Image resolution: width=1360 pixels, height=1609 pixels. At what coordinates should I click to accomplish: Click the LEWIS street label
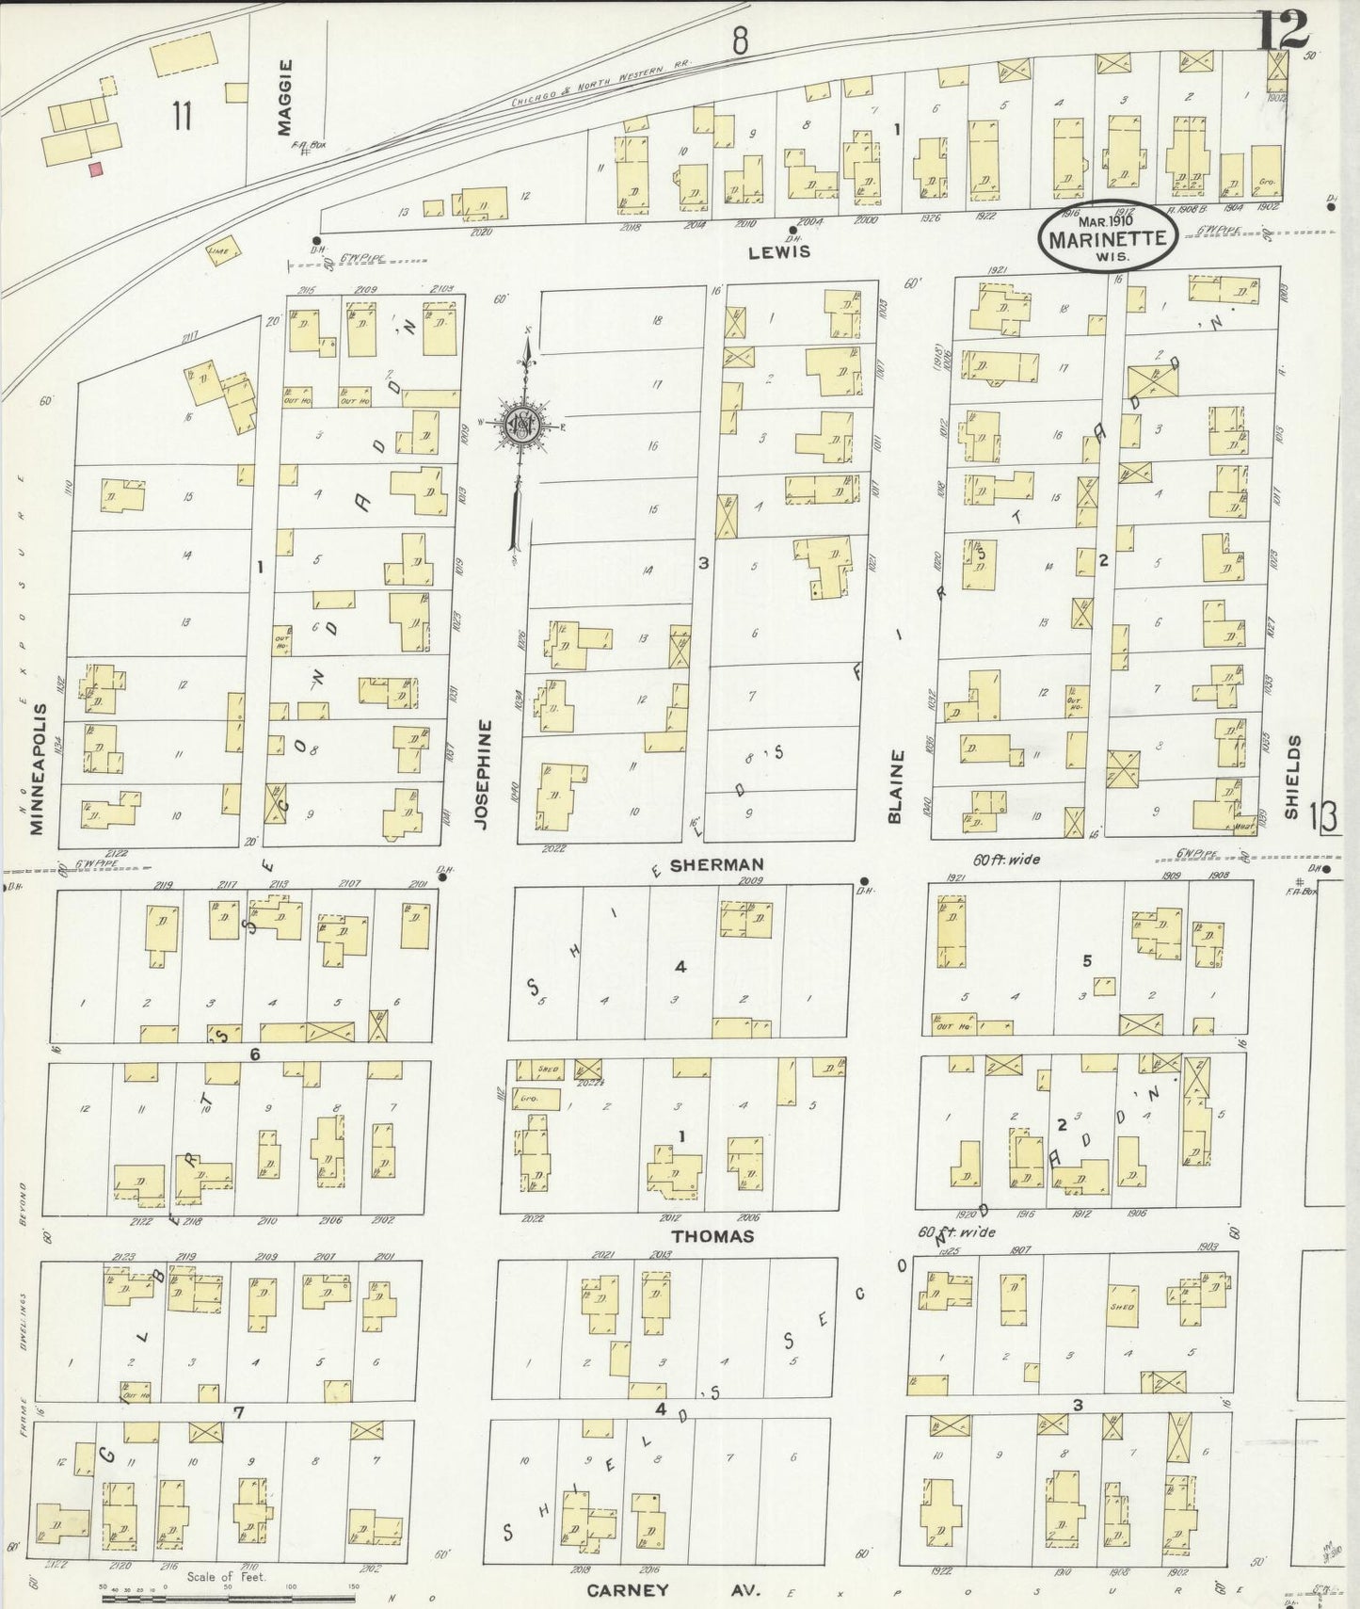click(x=779, y=252)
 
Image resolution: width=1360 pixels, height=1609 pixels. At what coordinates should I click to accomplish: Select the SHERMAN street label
click(x=716, y=863)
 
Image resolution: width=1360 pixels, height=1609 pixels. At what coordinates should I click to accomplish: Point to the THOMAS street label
click(x=712, y=1235)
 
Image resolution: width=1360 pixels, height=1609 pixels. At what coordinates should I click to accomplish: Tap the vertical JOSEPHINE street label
click(x=483, y=774)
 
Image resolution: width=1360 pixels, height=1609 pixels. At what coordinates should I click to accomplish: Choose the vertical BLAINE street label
click(x=895, y=786)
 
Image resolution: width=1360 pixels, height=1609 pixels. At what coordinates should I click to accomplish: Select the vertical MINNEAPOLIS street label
click(x=37, y=768)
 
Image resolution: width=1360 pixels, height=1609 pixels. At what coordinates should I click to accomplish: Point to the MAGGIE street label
click(x=286, y=97)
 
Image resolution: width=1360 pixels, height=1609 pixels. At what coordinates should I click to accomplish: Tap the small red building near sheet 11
click(x=95, y=169)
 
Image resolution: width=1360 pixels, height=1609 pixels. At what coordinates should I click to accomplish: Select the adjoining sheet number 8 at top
click(x=741, y=40)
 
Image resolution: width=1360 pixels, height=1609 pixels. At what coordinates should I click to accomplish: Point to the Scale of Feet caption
click(x=226, y=1576)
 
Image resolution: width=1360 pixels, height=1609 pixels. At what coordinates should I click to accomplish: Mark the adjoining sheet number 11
click(x=182, y=118)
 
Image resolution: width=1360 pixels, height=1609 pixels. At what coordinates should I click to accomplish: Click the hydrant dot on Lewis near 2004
click(x=792, y=230)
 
